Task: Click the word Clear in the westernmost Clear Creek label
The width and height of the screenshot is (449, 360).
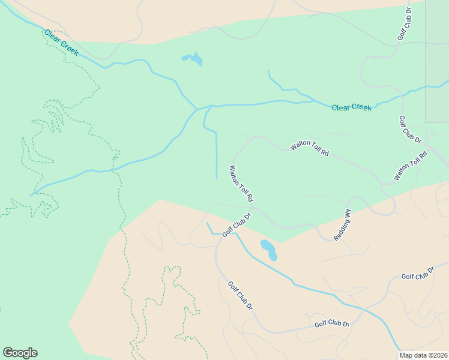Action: [x=52, y=37]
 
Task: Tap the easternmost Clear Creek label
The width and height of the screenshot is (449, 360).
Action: [x=352, y=107]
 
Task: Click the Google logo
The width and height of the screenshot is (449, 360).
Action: [x=20, y=353]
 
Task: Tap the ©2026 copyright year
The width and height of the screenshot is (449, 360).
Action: [x=438, y=355]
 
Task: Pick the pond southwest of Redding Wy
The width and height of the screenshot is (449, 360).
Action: [x=268, y=249]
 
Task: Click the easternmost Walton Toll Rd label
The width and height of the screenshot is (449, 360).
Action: [x=410, y=166]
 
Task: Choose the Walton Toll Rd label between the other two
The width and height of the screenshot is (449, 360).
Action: [x=310, y=149]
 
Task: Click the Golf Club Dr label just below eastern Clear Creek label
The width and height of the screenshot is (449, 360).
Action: [x=411, y=129]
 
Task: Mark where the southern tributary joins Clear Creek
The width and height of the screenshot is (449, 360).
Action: [x=197, y=109]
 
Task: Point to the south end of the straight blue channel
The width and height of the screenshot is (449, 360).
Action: [x=216, y=178]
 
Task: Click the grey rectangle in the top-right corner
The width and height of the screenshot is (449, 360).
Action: [x=437, y=60]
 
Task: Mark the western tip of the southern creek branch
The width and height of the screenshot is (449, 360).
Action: [x=31, y=196]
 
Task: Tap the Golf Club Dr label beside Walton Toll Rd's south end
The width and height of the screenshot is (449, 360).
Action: [x=236, y=223]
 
